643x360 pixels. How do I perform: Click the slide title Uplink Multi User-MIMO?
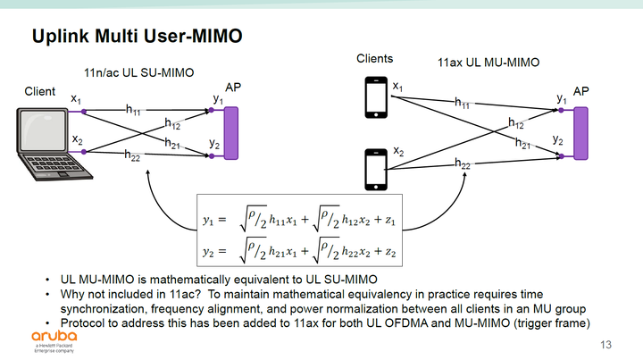(x=138, y=37)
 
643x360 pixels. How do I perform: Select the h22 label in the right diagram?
(x=463, y=163)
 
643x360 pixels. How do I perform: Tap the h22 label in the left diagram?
(x=131, y=156)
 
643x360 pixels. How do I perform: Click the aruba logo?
(x=42, y=337)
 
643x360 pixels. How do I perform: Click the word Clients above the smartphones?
(x=375, y=59)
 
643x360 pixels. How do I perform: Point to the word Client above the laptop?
(x=40, y=91)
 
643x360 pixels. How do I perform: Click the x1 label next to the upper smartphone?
(x=398, y=87)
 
